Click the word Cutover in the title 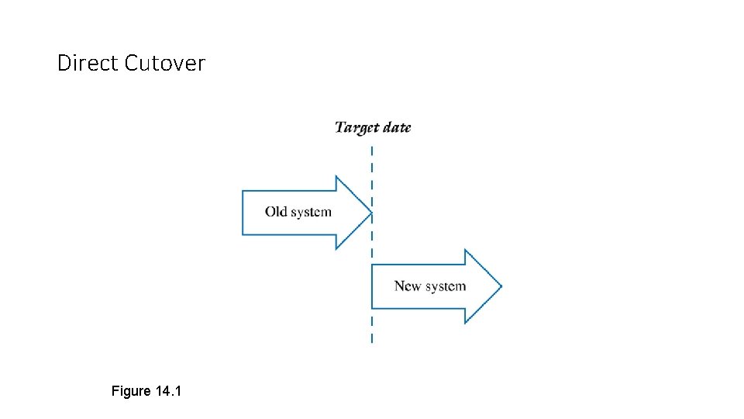(x=164, y=63)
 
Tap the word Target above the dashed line (x=356, y=127)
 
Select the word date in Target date (x=396, y=127)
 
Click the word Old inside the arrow (x=275, y=212)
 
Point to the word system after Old (x=310, y=212)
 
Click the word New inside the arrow (x=407, y=286)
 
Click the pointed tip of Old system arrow (x=371, y=213)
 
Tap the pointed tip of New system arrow (x=501, y=286)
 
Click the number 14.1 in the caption (x=168, y=391)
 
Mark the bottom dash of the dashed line (x=372, y=338)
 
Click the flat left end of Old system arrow (x=243, y=213)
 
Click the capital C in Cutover (x=131, y=63)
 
